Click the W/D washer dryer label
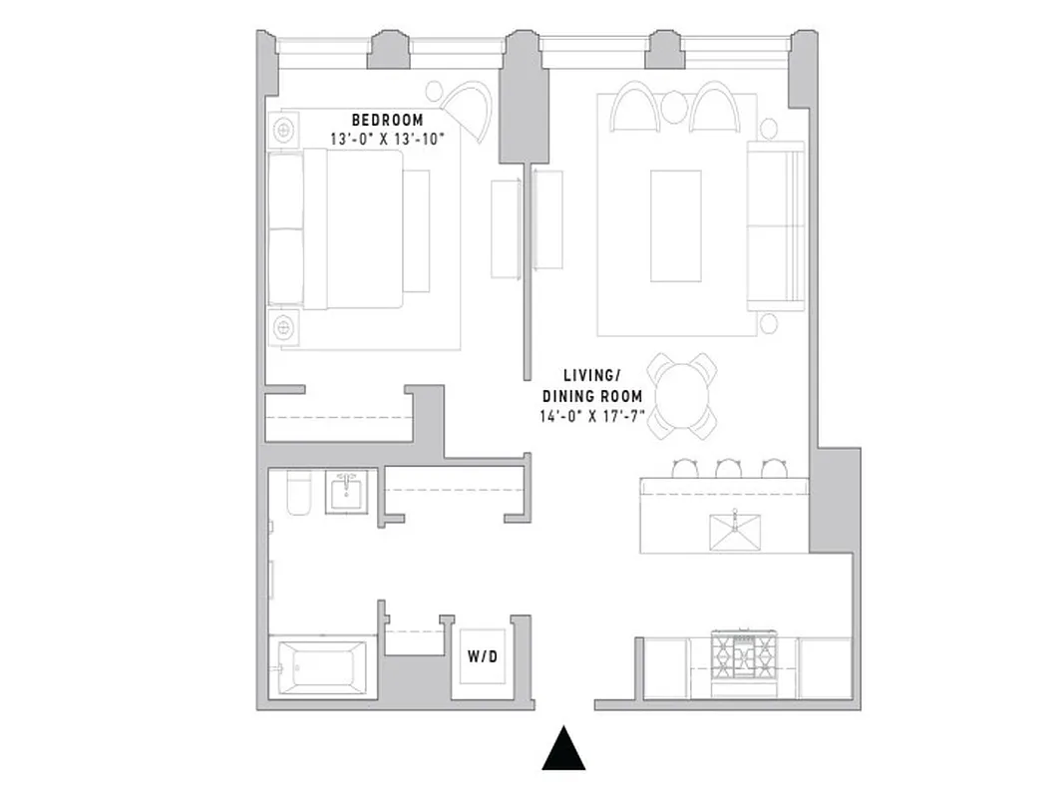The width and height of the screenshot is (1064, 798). click(x=484, y=658)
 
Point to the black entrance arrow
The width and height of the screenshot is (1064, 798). click(x=563, y=748)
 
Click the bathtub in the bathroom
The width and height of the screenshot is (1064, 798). click(x=322, y=666)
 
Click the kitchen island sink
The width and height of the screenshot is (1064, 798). click(x=734, y=531)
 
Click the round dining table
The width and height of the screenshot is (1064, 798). click(x=681, y=395)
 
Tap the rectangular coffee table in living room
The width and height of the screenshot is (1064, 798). click(x=675, y=225)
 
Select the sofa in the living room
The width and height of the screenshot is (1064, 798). click(x=776, y=225)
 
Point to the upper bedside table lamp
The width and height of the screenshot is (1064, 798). click(x=284, y=130)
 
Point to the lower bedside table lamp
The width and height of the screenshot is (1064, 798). click(x=284, y=325)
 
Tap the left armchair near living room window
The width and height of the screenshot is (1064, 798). click(x=634, y=108)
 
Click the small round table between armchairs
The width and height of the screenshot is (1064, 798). click(x=674, y=106)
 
